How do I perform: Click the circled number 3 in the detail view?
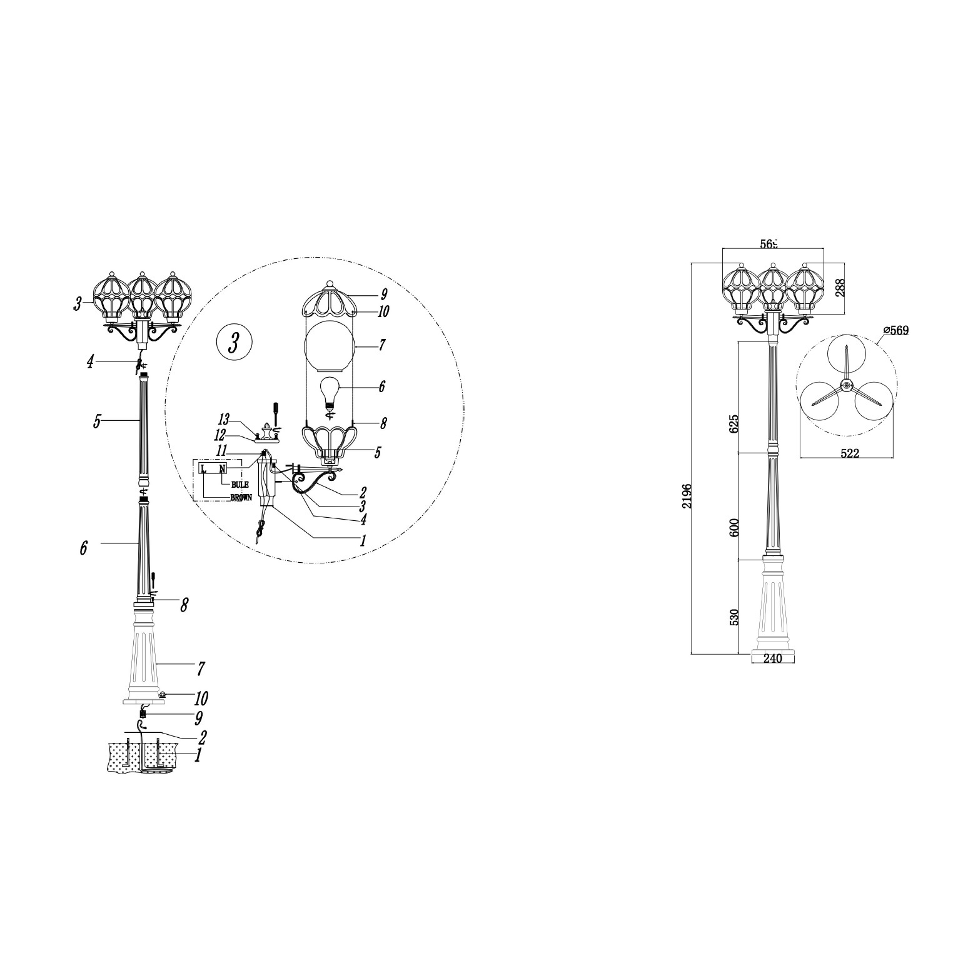234,343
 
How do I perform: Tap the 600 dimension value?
734,527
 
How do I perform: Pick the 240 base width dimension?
773,658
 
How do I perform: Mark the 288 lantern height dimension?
840,287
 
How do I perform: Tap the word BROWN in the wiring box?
241,498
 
